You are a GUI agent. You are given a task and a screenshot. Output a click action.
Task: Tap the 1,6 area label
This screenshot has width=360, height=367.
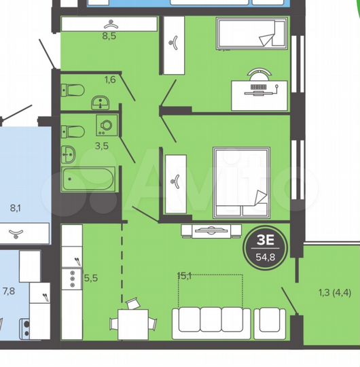109,80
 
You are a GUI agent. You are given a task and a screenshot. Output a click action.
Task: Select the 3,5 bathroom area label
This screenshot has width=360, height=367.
102,145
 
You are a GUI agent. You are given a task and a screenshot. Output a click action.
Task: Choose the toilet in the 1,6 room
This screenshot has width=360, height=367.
73,89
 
